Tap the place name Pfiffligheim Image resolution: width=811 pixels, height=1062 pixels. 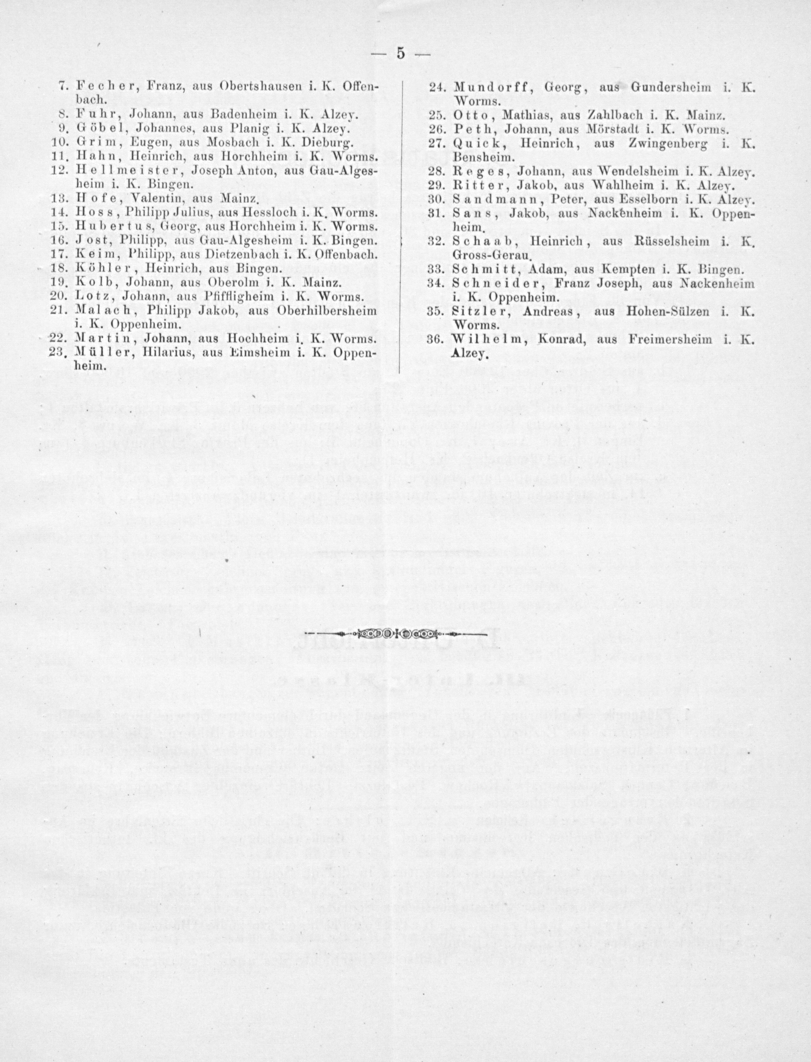pos(241,295)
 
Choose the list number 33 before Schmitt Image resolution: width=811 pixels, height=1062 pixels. pos(436,269)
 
